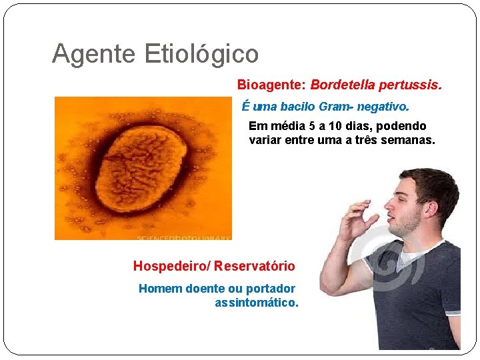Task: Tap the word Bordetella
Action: (x=343, y=85)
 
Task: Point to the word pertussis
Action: (x=410, y=85)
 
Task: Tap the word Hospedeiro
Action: (x=170, y=266)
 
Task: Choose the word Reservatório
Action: (x=255, y=266)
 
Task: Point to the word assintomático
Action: (x=257, y=303)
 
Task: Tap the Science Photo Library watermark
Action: (x=183, y=237)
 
